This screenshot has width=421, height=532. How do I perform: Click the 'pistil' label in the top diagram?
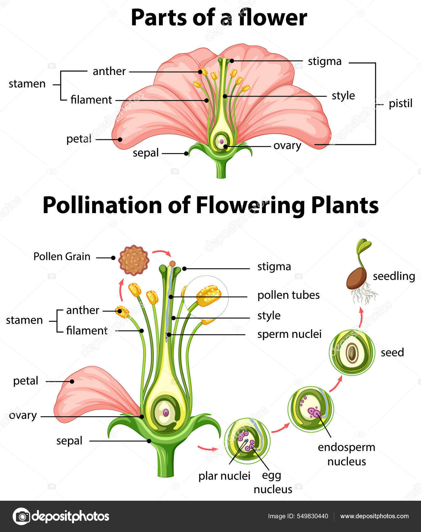pos(400,104)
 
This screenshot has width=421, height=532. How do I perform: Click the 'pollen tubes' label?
pos(288,295)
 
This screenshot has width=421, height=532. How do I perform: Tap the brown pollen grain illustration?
pos(134,260)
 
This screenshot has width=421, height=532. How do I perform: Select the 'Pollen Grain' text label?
pos(62,257)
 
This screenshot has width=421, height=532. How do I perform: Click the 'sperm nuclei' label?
pos(289,334)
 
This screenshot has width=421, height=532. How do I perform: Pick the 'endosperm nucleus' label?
pos(346,454)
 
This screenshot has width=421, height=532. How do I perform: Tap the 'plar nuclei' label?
pos(224,476)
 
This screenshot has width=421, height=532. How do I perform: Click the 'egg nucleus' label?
pos(272,482)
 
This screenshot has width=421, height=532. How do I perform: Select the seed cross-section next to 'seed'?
pos(352,352)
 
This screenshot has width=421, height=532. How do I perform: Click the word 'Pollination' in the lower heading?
pos(102,206)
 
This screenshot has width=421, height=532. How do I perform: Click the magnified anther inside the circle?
pos(208,296)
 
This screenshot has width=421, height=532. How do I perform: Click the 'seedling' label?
pos(394,276)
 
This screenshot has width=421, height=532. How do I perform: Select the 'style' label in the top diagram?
pos(343,96)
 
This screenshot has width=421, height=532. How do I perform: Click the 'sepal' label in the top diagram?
pos(145,153)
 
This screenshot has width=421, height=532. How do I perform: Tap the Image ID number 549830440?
pos(312,516)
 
